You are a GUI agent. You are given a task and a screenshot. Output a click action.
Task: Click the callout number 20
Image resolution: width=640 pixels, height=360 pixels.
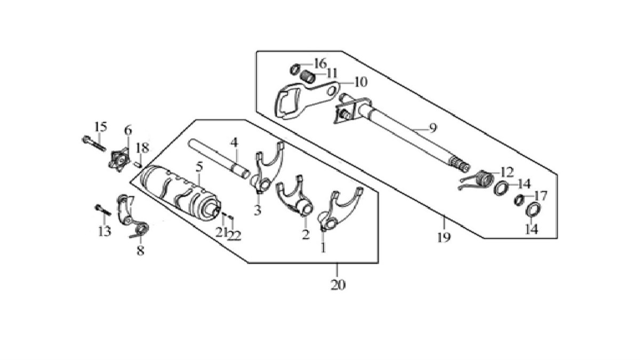pos(338,285)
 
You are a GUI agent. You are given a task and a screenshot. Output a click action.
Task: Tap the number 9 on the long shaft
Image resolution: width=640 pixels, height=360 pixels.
pos(433,128)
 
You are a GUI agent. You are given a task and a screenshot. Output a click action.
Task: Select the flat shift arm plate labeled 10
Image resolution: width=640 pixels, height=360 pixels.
pos(299,96)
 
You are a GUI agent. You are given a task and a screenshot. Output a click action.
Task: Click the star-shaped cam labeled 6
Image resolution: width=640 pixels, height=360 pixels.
pos(118,158)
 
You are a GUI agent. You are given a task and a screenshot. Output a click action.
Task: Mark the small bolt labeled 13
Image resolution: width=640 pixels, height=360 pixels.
pos(101,209)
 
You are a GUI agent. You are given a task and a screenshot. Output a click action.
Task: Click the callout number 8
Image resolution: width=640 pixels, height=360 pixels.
pos(140,251)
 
